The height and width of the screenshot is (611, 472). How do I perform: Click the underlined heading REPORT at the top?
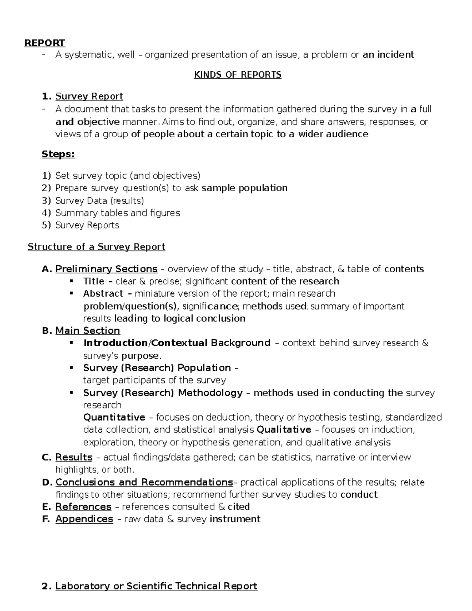(x=44, y=42)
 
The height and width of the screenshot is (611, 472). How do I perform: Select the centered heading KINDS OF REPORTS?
(x=238, y=75)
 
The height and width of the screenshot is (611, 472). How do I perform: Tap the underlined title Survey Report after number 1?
(x=89, y=96)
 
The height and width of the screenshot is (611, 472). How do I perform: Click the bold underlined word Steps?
(x=58, y=154)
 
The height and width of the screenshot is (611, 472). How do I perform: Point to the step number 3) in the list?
(x=46, y=201)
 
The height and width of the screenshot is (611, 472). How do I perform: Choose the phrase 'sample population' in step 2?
(x=244, y=188)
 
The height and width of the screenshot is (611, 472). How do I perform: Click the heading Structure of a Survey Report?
(x=96, y=247)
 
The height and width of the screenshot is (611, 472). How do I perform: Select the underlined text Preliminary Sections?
(x=106, y=269)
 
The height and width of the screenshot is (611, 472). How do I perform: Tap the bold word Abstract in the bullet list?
(x=103, y=294)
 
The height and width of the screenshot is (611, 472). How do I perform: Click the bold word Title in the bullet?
(x=94, y=281)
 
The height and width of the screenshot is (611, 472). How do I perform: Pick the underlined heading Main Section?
(x=87, y=330)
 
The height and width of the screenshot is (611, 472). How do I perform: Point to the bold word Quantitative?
(x=114, y=417)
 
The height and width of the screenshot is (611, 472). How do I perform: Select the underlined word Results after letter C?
(x=74, y=457)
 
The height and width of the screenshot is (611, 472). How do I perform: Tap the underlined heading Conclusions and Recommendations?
(x=144, y=482)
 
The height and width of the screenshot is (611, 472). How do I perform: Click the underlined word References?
(x=83, y=507)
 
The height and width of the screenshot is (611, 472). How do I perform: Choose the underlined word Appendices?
(x=84, y=519)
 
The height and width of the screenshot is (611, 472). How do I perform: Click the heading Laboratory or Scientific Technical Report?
(x=156, y=586)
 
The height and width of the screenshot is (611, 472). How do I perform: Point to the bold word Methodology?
(x=210, y=393)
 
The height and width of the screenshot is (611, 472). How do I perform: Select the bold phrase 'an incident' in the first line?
(x=388, y=55)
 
